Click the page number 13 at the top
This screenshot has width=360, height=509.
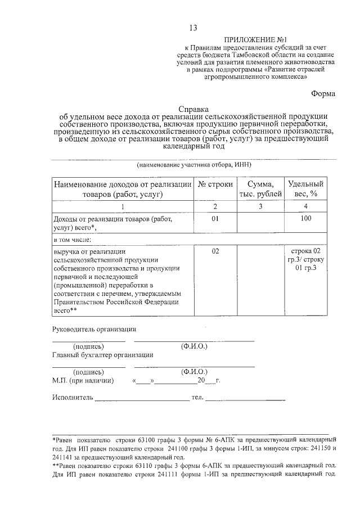(193, 28)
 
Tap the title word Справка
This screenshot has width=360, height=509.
(193, 109)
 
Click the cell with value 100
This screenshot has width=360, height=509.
(306, 218)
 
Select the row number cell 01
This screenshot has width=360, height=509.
(215, 218)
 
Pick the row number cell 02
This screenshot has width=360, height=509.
(215, 250)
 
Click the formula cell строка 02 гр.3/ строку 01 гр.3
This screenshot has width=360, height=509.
(306, 259)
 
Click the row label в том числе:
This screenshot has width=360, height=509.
(71, 239)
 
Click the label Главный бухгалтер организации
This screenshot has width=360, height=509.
(102, 355)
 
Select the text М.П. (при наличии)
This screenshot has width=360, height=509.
(83, 381)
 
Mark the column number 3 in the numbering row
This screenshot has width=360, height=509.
(260, 206)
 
